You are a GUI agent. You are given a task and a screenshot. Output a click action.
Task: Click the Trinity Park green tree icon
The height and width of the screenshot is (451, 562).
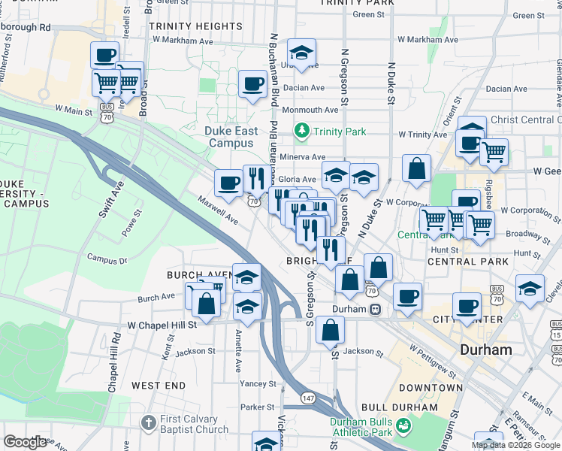tap(302, 132)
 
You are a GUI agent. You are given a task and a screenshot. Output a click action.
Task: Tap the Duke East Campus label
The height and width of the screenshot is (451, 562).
tap(231, 137)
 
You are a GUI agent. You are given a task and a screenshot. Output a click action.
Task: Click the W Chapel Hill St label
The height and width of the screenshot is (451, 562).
tap(162, 325)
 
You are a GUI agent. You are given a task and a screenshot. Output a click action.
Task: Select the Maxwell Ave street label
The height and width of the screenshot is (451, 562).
tap(218, 212)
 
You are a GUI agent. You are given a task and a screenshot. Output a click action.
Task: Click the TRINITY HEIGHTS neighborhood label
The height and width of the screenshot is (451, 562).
tap(195, 26)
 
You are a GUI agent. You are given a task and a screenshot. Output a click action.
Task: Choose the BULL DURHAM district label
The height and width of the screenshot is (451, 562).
tap(399, 407)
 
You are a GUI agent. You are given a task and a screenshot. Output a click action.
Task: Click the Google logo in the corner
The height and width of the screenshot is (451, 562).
tap(25, 442)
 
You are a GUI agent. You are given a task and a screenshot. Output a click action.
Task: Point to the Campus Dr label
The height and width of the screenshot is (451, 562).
tap(107, 259)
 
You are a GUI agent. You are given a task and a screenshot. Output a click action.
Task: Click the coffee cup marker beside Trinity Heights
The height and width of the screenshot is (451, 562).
tap(253, 83)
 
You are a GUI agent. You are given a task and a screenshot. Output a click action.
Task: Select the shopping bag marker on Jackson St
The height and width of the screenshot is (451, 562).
tap(330, 329)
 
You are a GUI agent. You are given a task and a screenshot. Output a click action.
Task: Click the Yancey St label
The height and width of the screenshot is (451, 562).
tap(258, 383)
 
